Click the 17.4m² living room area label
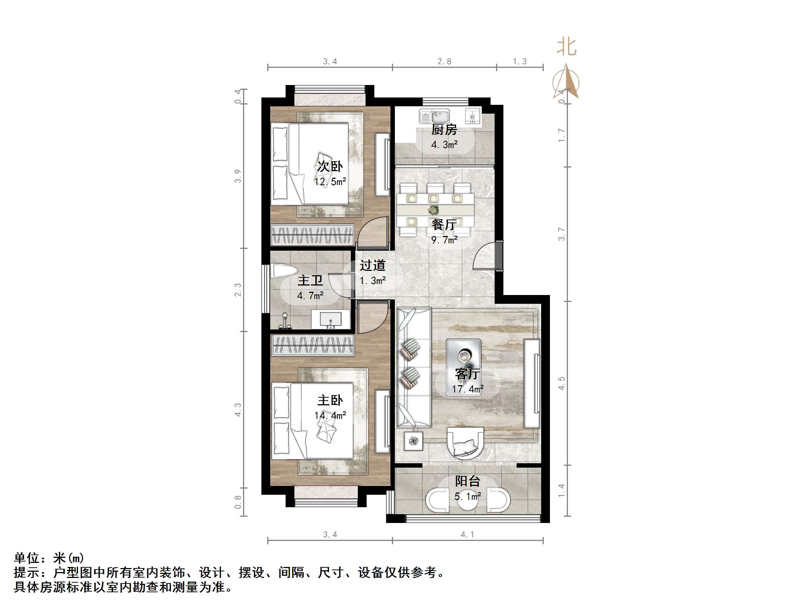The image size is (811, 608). (468, 388)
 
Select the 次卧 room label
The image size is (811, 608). (330, 166)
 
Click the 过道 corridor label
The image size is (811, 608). (372, 265)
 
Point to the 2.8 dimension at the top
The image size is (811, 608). (444, 62)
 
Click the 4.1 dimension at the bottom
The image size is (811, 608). (467, 535)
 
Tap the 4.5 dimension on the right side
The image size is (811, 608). (562, 383)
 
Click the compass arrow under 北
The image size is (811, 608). (566, 82)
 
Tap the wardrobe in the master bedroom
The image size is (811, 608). (312, 345)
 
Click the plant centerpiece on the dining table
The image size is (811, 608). (434, 210)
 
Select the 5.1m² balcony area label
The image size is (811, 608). (467, 496)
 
